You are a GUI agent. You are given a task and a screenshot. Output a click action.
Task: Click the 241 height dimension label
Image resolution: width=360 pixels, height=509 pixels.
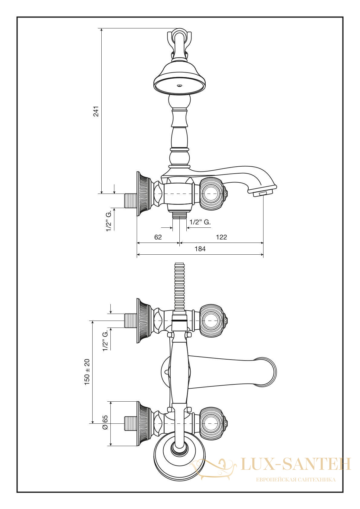coord(97,111)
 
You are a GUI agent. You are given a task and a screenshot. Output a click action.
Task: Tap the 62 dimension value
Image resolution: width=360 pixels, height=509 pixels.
coord(158,237)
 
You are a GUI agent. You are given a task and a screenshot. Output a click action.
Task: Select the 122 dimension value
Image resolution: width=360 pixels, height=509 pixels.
coord(221,237)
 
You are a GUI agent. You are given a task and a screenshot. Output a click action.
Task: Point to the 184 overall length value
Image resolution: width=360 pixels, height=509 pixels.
coord(200,249)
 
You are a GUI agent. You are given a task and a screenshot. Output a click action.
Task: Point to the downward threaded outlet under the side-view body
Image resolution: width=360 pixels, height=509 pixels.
coord(179,214)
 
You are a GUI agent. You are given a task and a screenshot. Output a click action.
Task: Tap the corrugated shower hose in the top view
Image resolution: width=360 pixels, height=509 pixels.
coord(179,287)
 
